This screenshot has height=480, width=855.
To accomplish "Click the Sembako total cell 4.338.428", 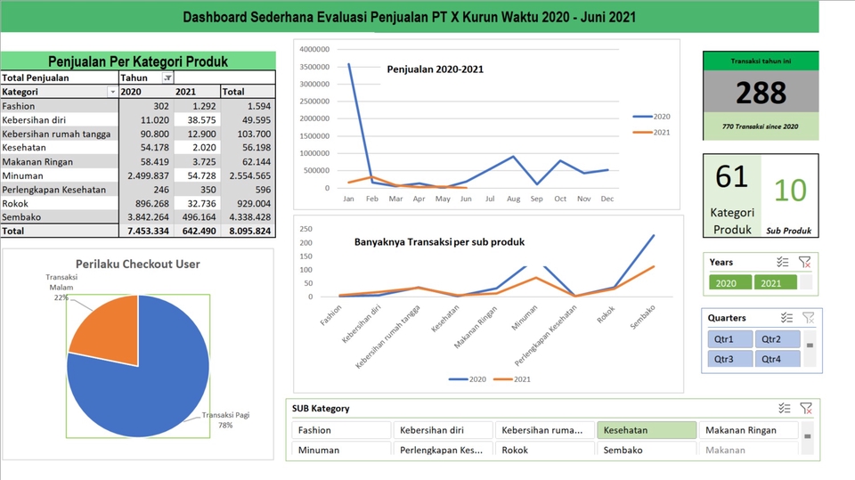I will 251,216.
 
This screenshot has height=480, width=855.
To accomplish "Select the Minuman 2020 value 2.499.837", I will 147,175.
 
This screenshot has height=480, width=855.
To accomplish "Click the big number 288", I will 761,93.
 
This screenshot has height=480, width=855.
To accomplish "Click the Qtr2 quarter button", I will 778,339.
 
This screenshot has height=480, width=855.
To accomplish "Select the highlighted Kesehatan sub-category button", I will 647,430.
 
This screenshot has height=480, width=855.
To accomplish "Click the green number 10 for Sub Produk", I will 789,190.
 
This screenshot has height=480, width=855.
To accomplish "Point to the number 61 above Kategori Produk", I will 731,177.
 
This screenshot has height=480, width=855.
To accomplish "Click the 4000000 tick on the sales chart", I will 314,49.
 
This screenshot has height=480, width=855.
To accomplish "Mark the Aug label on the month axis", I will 512,199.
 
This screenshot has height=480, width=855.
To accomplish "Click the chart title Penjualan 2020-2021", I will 435,69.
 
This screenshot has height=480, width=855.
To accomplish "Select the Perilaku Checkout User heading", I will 138,264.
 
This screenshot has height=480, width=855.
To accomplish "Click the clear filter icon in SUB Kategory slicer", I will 805,409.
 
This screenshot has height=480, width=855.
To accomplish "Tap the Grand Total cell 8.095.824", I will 251,231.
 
